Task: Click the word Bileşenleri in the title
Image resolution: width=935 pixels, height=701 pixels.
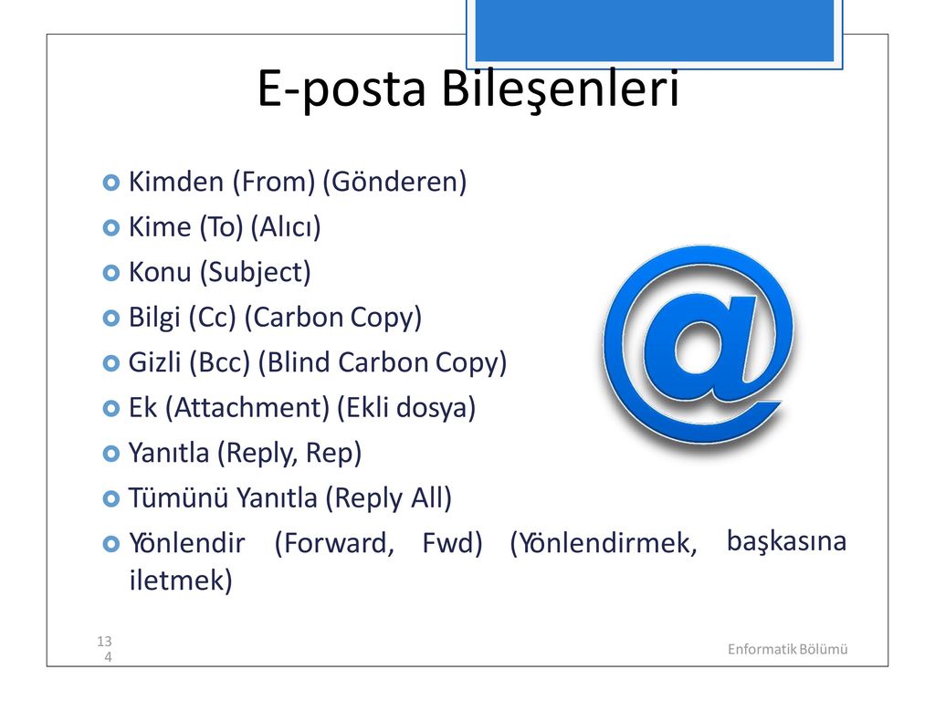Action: pyautogui.click(x=560, y=89)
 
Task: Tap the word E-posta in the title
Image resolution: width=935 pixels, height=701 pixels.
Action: pyautogui.click(x=341, y=89)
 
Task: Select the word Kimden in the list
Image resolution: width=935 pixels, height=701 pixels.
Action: pyautogui.click(x=176, y=182)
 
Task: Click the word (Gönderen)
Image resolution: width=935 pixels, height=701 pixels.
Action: pyautogui.click(x=394, y=182)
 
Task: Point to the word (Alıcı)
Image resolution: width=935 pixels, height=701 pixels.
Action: pyautogui.click(x=286, y=227)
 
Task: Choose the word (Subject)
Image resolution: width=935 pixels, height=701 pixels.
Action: pyautogui.click(x=256, y=272)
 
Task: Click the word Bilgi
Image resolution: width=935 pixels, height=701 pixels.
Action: pyautogui.click(x=154, y=318)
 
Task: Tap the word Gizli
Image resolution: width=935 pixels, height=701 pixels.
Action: pyautogui.click(x=155, y=362)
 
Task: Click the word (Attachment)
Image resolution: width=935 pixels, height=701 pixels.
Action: pyautogui.click(x=247, y=408)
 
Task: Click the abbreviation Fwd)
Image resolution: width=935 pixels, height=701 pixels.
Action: pyautogui.click(x=452, y=543)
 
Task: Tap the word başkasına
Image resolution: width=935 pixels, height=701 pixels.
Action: pyautogui.click(x=786, y=542)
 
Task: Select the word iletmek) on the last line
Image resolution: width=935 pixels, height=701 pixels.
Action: pyautogui.click(x=181, y=580)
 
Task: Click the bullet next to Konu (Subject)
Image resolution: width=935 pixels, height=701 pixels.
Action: pyautogui.click(x=110, y=273)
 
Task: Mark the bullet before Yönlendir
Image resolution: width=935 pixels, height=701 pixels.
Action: pyautogui.click(x=110, y=544)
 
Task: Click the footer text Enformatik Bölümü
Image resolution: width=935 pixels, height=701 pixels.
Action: pyautogui.click(x=787, y=649)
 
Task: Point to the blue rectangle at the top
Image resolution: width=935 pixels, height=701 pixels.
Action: pyautogui.click(x=655, y=30)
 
